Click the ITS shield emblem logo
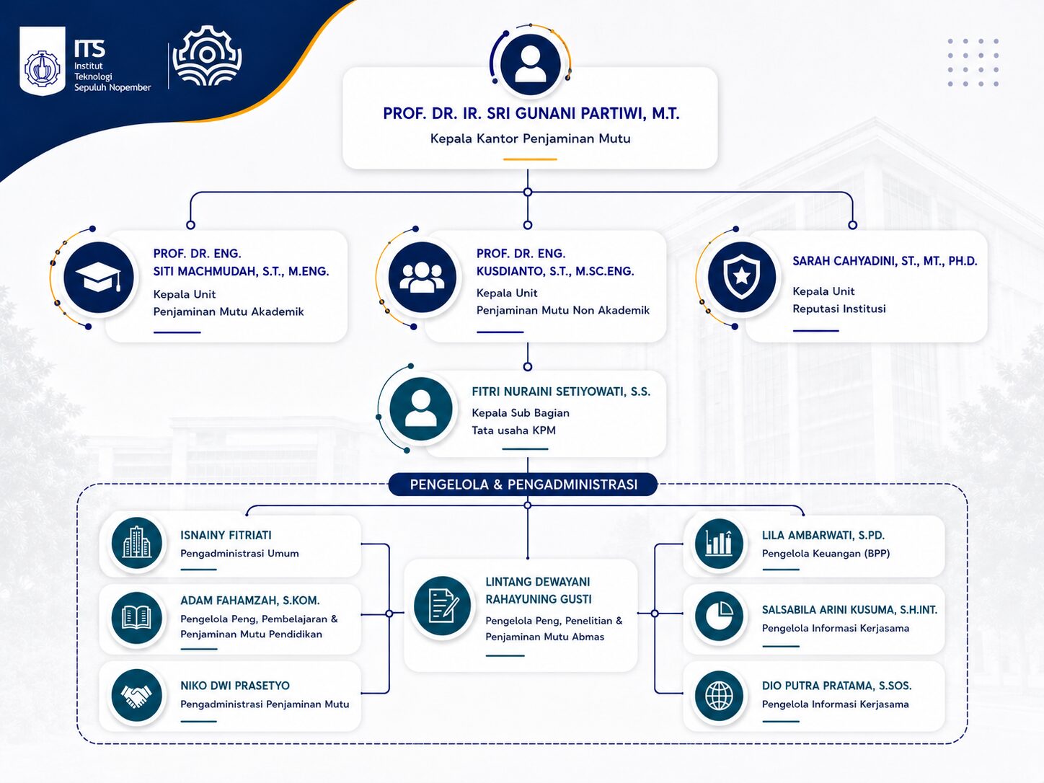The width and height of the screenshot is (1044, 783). click(x=43, y=61)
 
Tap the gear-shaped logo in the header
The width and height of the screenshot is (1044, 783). click(x=207, y=56)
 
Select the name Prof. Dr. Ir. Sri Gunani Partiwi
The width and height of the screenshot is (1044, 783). click(x=531, y=114)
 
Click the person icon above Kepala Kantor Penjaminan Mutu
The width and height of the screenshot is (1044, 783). click(x=530, y=63)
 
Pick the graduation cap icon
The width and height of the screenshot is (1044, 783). click(x=99, y=277)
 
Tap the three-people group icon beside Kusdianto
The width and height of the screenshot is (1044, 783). click(x=422, y=277)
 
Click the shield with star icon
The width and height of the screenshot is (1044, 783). click(x=741, y=277)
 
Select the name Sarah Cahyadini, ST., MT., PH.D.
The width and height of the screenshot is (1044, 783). click(x=885, y=261)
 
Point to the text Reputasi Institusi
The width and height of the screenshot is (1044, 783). click(x=839, y=309)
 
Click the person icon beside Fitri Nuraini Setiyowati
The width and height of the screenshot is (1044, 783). click(x=421, y=409)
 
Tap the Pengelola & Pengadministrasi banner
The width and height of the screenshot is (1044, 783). click(x=523, y=485)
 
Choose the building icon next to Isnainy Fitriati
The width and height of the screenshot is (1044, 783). click(x=137, y=543)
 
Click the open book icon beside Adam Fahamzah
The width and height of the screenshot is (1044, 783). click(x=137, y=618)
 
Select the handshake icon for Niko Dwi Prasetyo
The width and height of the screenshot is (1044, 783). click(x=137, y=696)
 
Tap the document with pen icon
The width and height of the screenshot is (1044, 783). click(x=443, y=606)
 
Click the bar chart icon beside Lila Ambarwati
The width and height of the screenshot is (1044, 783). click(x=719, y=543)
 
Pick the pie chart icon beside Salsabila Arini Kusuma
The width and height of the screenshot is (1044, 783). click(x=719, y=616)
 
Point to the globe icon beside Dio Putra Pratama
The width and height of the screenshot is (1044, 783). click(x=719, y=696)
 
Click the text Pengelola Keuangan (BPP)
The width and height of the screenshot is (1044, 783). click(x=826, y=554)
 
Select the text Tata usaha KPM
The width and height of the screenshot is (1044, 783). click(x=513, y=430)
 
